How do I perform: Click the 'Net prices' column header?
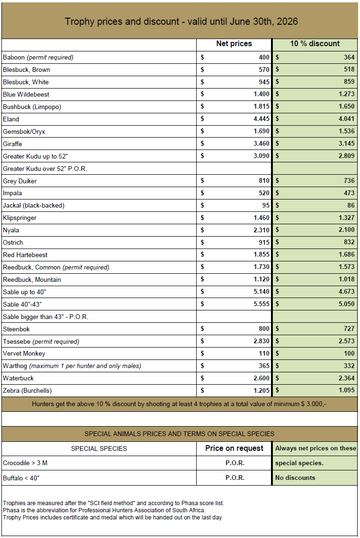[234, 44]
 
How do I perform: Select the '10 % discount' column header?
[315, 44]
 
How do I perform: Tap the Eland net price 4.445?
[261, 119]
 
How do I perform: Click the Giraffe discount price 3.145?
[346, 144]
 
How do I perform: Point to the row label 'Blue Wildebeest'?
[26, 94]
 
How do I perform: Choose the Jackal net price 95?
[265, 206]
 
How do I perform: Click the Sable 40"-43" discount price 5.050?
[346, 304]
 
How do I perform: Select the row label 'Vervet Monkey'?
[24, 353]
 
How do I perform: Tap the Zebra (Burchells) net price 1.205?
[261, 390]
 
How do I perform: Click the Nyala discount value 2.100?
[346, 230]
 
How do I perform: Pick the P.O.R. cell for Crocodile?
[235, 463]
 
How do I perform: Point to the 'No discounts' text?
[295, 478]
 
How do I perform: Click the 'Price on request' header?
[234, 448]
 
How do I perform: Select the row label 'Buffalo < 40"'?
[21, 478]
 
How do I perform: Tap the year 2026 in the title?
[288, 21]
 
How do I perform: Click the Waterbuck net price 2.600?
[261, 378]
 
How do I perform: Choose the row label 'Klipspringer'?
[20, 218]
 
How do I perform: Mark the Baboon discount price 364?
[349, 58]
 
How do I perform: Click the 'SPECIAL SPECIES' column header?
[99, 448]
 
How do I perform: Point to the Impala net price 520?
[263, 193]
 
